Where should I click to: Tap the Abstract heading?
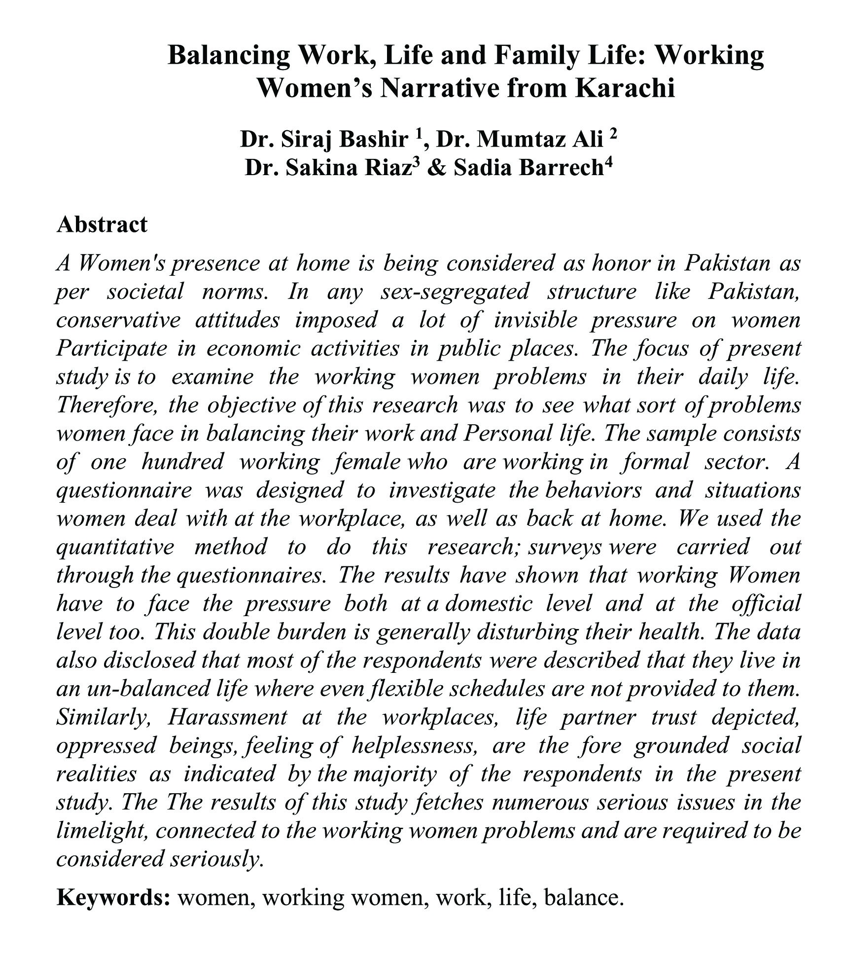[102, 224]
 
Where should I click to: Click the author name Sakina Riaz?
[348, 168]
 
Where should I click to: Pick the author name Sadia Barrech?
[529, 168]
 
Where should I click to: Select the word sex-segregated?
[455, 292]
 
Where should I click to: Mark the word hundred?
[182, 462]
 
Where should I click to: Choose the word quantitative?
[115, 547]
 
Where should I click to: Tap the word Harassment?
[227, 717]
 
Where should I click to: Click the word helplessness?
[414, 745]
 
